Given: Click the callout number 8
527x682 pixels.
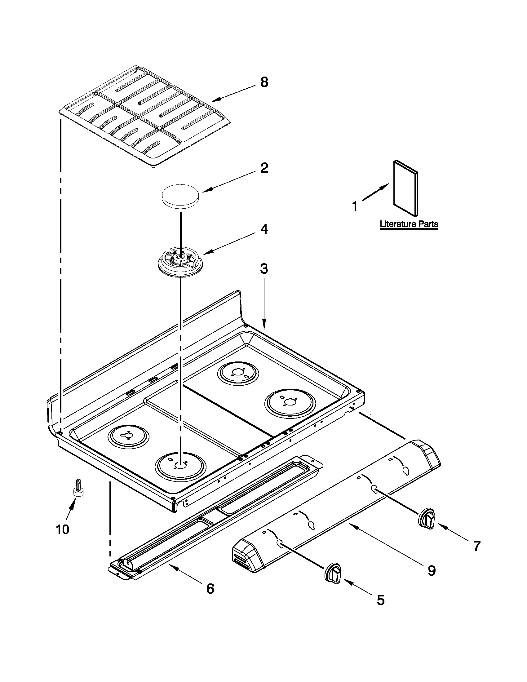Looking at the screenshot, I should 264,82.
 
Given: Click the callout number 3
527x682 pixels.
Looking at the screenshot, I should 264,268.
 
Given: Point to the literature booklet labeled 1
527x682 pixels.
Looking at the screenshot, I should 405,188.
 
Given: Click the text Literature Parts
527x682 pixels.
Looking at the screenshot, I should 409,224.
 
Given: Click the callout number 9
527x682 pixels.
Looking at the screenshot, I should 431,571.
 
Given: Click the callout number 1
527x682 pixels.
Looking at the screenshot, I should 355,206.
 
